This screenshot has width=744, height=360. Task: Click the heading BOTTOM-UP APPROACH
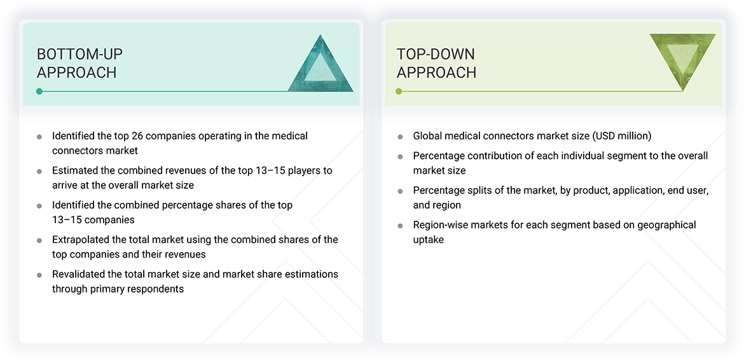tap(79, 63)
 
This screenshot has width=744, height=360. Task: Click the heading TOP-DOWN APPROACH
tap(436, 63)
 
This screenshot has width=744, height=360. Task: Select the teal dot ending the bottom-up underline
tap(39, 92)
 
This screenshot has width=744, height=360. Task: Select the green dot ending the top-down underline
tap(399, 92)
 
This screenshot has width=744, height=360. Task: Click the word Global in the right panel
tap(429, 136)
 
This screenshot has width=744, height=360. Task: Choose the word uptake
tap(429, 240)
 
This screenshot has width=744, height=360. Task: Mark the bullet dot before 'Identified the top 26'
tap(39, 137)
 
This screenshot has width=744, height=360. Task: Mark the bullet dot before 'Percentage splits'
tap(400, 191)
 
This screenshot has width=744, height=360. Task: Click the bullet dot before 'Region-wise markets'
tap(400, 226)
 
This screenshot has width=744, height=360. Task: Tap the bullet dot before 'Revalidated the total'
tap(39, 275)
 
